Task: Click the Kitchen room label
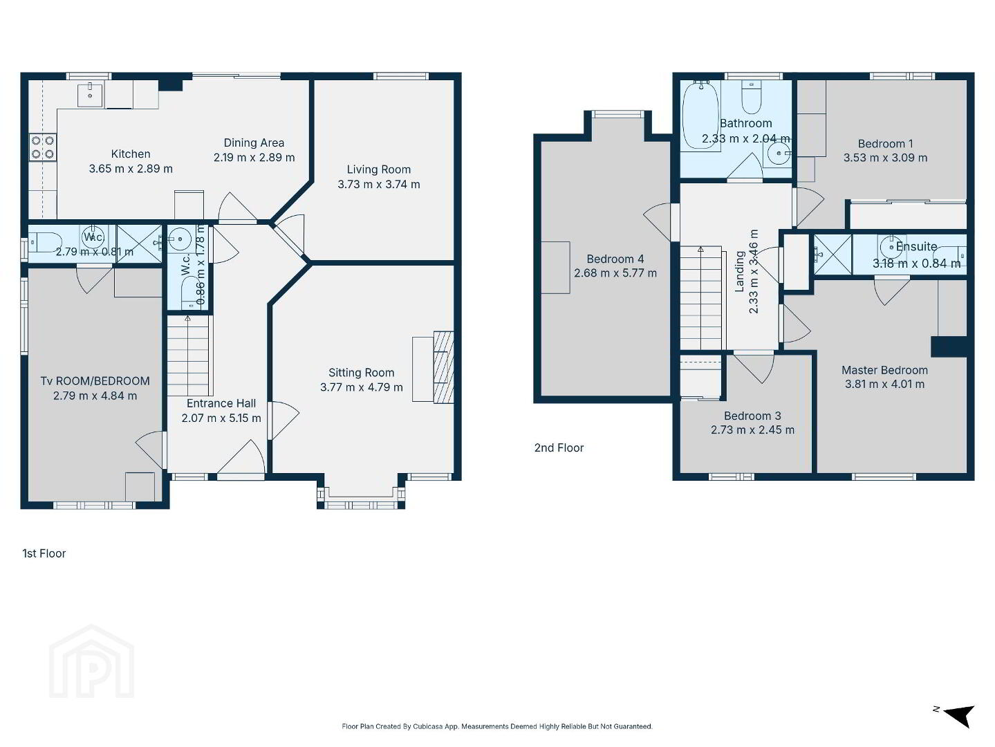point(131,154)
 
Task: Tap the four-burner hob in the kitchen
point(43,147)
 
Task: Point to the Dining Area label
point(254,142)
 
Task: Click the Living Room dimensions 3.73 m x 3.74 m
point(379,185)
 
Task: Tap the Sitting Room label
point(361,373)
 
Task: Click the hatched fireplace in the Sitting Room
point(443,367)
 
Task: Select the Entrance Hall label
point(221,403)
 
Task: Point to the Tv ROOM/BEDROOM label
point(95,380)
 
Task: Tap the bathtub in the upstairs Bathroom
point(701,115)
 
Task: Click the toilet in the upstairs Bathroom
point(751,97)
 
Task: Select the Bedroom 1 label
point(885,144)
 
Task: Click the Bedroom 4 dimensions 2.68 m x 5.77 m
point(615,273)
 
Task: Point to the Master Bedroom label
point(884,370)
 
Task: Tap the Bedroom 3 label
point(752,416)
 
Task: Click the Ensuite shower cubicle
point(833,255)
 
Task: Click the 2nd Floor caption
point(559,448)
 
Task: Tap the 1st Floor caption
point(44,553)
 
